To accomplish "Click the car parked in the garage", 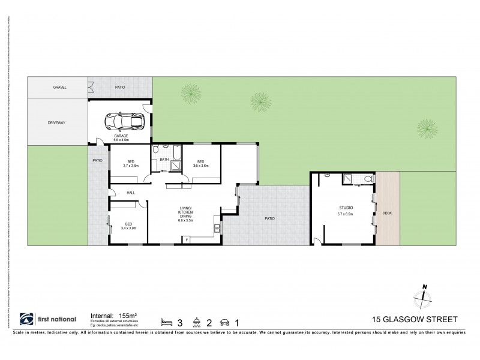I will click(x=125, y=121).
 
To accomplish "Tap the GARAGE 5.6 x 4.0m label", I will click(x=122, y=139).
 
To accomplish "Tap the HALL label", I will click(x=131, y=192).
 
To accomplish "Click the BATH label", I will click(x=164, y=159).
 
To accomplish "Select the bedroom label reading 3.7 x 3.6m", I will click(x=131, y=163).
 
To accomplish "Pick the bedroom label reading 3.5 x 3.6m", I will click(x=200, y=163).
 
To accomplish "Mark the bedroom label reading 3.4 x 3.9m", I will click(x=129, y=226).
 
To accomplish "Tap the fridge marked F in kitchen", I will click(x=187, y=240).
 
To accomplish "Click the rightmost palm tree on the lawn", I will click(x=427, y=126).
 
